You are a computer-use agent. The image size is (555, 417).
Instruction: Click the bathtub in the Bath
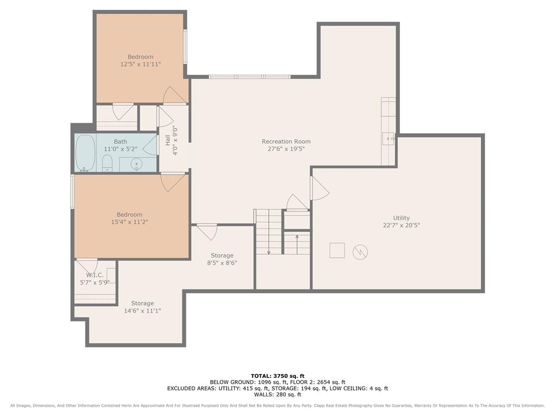[x=85, y=153]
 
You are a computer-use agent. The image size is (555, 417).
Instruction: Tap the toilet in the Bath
[x=107, y=164]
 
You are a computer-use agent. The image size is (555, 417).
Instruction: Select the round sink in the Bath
[x=136, y=164]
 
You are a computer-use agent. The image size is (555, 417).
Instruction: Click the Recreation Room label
[x=286, y=142]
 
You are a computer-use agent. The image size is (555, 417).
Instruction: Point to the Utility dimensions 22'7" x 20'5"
[x=402, y=225]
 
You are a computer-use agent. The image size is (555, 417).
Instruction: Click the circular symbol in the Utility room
[x=360, y=252]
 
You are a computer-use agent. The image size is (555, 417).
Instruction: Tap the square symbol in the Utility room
[x=337, y=250]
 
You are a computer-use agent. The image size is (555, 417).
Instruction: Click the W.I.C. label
[x=95, y=275]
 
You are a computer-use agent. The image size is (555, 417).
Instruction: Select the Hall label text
[x=168, y=140]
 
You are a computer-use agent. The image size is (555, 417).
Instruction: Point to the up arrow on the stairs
[x=297, y=244]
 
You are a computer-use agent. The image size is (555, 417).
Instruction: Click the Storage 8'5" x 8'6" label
[x=222, y=259]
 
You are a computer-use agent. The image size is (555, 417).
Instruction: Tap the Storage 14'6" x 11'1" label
[x=143, y=307]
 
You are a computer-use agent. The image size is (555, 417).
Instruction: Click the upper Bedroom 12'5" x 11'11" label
[x=140, y=60]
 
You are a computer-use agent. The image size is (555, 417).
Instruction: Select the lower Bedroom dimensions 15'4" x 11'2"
[x=130, y=222]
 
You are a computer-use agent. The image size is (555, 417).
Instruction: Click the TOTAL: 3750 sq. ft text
[x=277, y=376]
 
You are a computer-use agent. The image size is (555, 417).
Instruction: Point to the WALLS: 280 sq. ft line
[x=277, y=394]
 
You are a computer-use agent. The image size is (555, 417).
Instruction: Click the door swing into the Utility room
[x=320, y=188]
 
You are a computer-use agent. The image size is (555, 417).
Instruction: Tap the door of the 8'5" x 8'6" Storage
[x=207, y=232]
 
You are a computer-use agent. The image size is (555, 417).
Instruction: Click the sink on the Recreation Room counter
[x=388, y=138]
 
